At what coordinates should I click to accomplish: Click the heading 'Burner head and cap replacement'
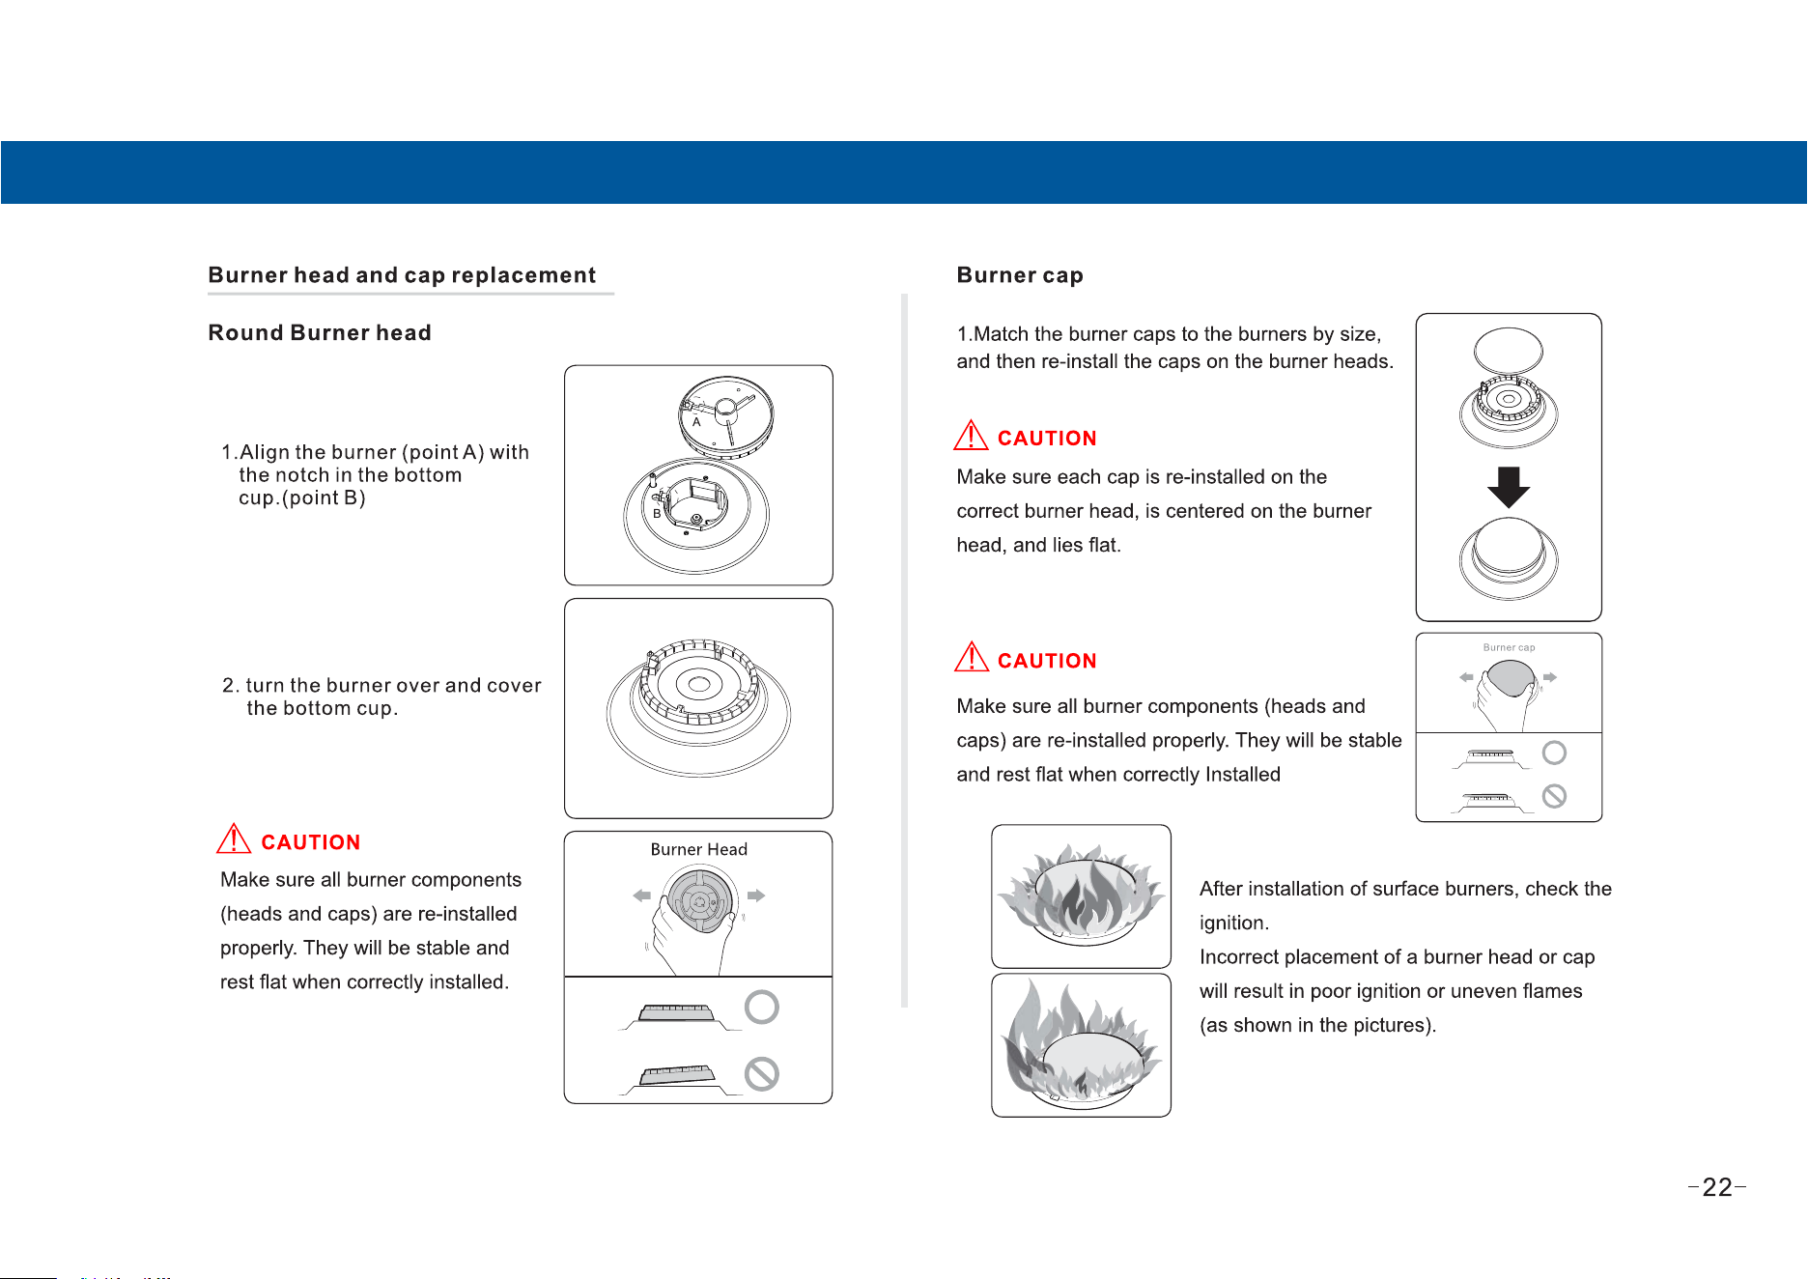[402, 275]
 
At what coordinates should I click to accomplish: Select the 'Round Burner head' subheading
[320, 332]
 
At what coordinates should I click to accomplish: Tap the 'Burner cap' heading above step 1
[1020, 275]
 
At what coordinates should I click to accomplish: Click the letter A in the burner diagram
[696, 422]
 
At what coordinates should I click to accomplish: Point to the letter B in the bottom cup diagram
[657, 514]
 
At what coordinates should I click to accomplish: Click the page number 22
[1717, 1187]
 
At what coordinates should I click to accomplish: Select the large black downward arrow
[1509, 487]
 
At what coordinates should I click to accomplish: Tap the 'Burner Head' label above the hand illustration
[698, 849]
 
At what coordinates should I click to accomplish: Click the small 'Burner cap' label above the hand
[1509, 647]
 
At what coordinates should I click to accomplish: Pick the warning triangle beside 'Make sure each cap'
[971, 436]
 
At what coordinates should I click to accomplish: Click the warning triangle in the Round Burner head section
[234, 838]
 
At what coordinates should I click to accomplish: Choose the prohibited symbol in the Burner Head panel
[762, 1074]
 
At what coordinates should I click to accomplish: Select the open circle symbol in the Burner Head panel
[762, 1008]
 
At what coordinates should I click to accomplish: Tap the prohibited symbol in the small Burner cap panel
[1554, 796]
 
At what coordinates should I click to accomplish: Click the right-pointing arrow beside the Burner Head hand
[756, 895]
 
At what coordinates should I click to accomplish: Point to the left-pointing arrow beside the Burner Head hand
[641, 895]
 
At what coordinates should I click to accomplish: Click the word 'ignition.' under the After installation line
[1234, 924]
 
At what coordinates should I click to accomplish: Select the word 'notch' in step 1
[303, 475]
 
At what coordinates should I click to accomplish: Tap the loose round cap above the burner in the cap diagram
[1509, 350]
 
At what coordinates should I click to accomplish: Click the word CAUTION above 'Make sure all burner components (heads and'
[1047, 661]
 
